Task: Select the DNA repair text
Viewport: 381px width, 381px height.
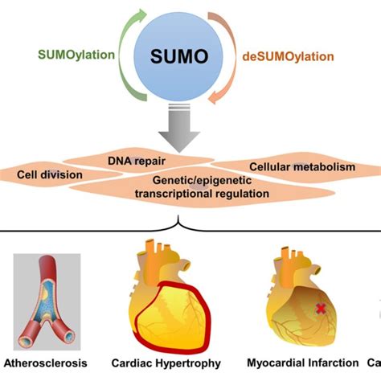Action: coord(137,159)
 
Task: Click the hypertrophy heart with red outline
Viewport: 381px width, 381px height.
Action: coord(174,297)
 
